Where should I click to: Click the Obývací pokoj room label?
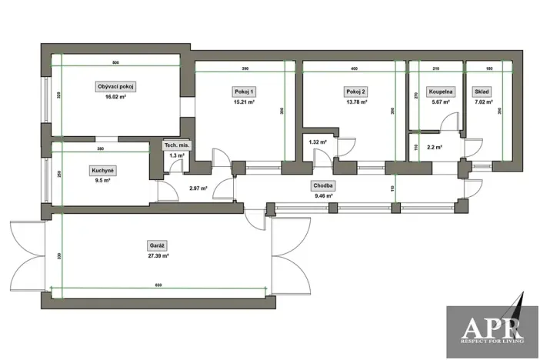(x=116, y=86)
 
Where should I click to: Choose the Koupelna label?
(x=442, y=92)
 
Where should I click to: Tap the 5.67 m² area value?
(x=442, y=102)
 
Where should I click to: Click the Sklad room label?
(x=483, y=92)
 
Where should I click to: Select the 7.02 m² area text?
(x=483, y=102)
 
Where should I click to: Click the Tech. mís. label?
(x=176, y=145)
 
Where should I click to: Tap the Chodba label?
(x=322, y=185)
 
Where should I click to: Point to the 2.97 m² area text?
(x=199, y=188)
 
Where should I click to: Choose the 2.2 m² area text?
(x=433, y=147)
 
